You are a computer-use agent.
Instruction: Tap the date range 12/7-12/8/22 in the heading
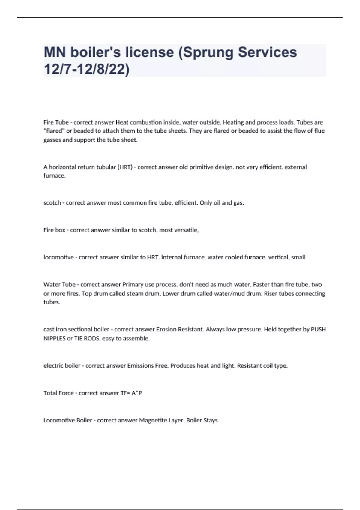pos(87,70)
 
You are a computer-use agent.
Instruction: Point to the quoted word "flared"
pos(54,131)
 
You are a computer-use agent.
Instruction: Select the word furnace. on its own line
pos(55,176)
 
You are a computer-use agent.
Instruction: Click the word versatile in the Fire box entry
pos(187,230)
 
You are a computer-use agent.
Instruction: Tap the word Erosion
pos(166,329)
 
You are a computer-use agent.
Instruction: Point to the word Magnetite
pos(153,420)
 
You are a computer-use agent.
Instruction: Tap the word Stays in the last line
pos(210,420)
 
